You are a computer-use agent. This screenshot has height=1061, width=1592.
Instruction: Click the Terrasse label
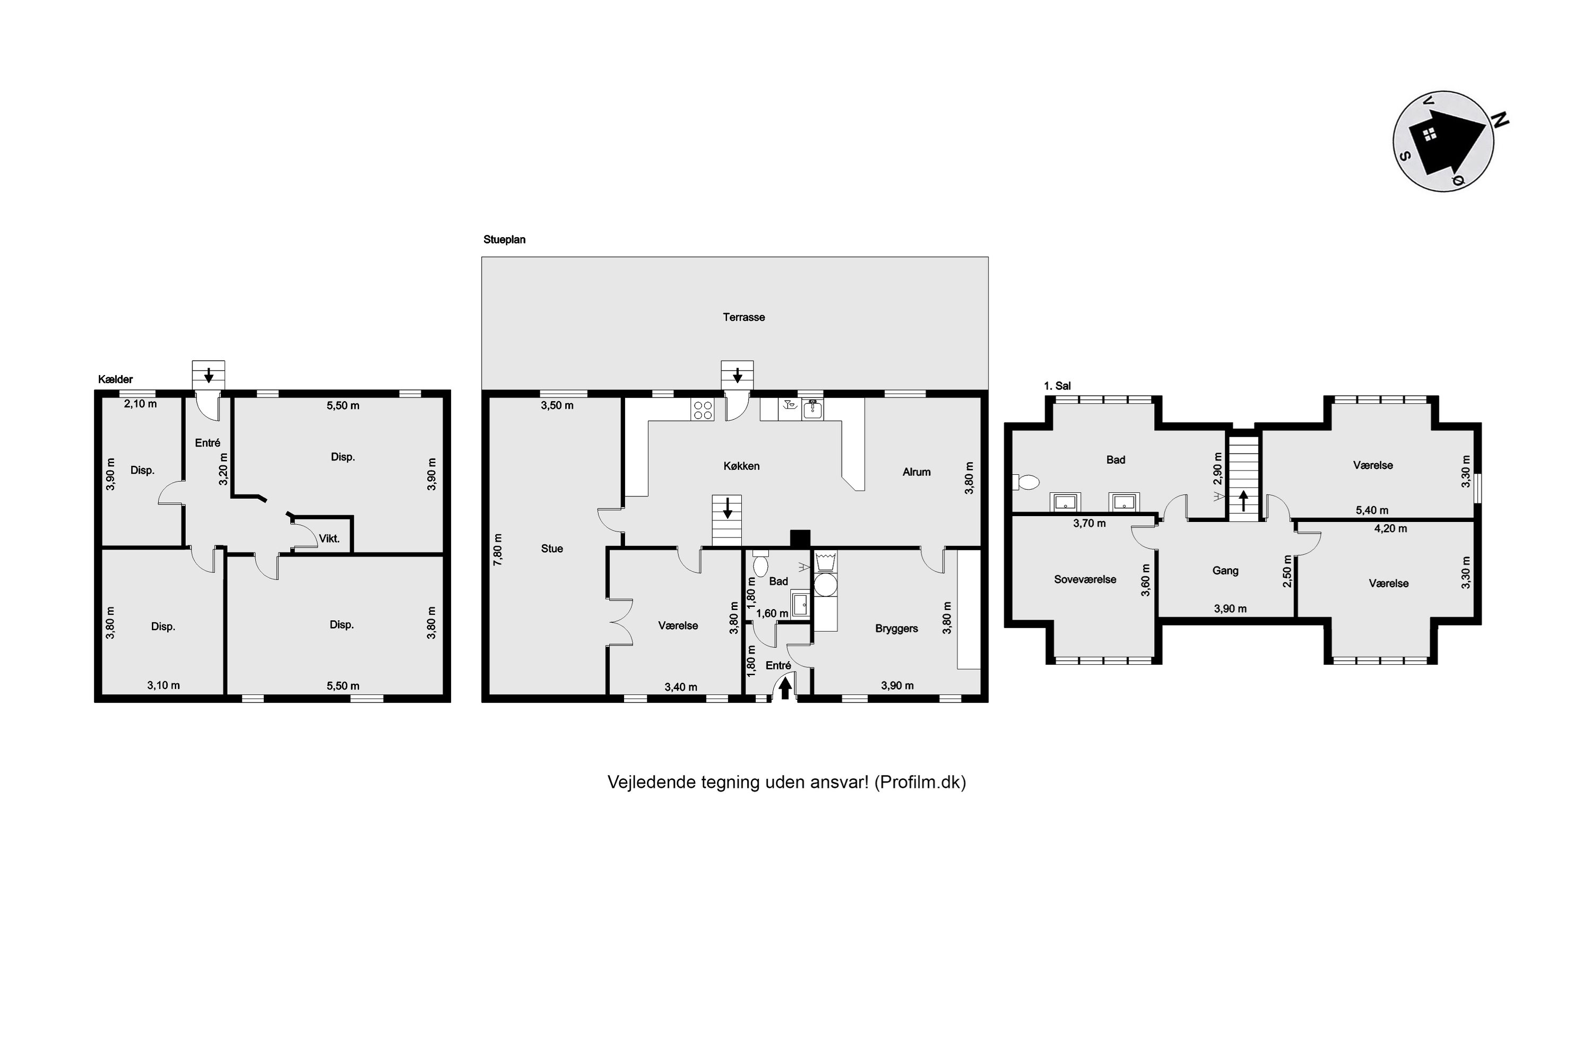(743, 317)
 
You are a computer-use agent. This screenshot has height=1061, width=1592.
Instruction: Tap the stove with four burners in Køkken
(703, 410)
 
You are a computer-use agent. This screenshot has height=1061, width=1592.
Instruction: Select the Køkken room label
(741, 466)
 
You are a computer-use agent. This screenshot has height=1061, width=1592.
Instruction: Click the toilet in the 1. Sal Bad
(1025, 482)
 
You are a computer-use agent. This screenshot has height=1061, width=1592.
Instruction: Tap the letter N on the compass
(1500, 120)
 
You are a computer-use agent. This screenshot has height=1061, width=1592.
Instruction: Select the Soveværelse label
(1085, 579)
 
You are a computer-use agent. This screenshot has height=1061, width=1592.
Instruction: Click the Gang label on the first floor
(1225, 570)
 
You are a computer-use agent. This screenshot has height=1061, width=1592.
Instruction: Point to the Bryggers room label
(896, 629)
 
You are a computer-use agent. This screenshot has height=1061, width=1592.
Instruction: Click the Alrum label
(916, 472)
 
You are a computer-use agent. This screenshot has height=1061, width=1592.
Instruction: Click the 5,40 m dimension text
(1372, 510)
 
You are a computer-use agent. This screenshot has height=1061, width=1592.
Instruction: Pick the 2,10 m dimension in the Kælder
(140, 404)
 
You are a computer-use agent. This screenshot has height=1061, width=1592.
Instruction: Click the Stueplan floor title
(504, 240)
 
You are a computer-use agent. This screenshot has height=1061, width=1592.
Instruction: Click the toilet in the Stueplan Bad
(760, 563)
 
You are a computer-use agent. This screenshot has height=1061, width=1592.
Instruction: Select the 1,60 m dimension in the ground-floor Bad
(772, 614)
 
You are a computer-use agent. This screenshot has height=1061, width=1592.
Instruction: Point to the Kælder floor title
(115, 380)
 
